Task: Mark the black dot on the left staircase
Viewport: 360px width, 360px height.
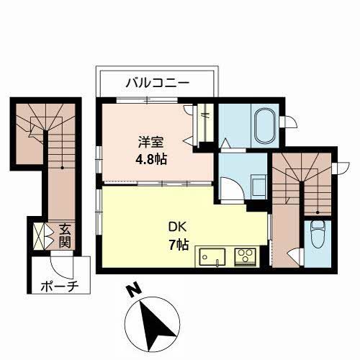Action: (x=63, y=168)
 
